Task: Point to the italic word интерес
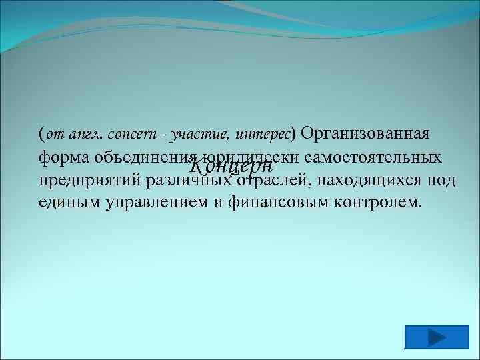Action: click(263, 135)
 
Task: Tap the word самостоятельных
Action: click(375, 158)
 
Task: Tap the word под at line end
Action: click(441, 181)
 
